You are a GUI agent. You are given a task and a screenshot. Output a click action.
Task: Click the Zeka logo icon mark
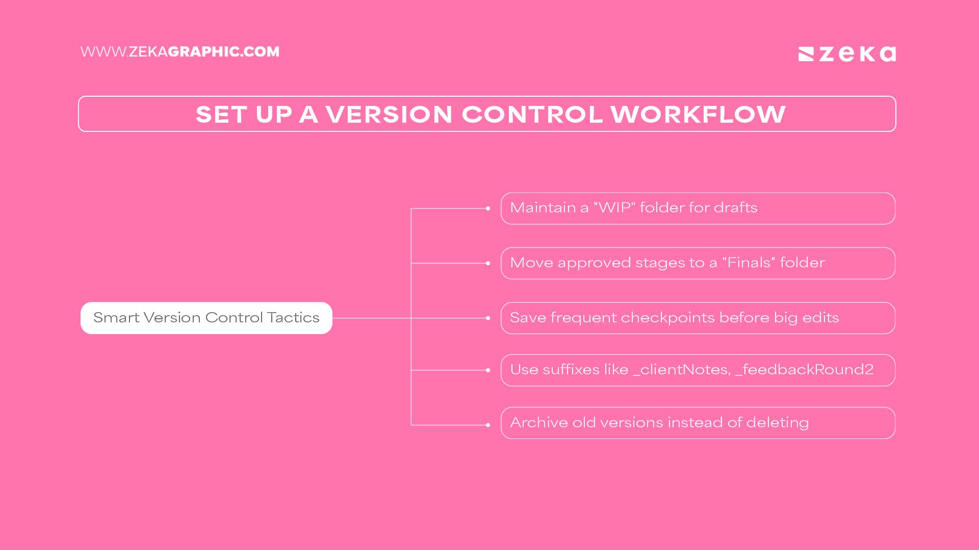click(x=806, y=54)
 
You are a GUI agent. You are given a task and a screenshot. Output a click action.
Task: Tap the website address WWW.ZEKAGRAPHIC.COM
click(x=179, y=52)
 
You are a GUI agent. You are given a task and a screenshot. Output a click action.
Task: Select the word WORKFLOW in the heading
click(x=698, y=114)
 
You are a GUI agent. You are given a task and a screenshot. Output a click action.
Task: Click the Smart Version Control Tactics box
click(x=206, y=318)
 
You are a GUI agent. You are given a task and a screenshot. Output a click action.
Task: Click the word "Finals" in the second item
click(x=749, y=263)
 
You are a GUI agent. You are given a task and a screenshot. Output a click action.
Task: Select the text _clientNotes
click(x=682, y=370)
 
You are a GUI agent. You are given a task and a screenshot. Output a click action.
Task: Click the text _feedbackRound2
click(x=804, y=370)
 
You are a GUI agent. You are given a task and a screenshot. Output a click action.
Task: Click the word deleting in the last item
click(x=777, y=423)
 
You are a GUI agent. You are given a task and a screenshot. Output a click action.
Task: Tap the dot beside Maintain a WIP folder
click(x=488, y=208)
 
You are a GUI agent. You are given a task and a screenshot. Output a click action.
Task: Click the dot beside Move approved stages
click(x=488, y=263)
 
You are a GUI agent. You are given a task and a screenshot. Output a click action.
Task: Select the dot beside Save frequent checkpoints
click(x=488, y=318)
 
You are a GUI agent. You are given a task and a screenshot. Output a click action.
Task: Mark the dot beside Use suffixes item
click(x=488, y=370)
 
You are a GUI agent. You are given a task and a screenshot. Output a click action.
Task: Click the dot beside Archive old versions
click(x=488, y=425)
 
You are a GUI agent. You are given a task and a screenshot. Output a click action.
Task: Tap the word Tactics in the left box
click(x=293, y=318)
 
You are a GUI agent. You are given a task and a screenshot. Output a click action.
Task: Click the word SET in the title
click(x=221, y=114)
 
